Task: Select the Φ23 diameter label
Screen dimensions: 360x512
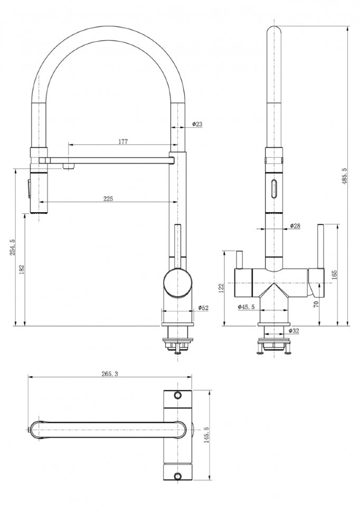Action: pyautogui.click(x=197, y=124)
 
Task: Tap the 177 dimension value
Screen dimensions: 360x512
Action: pyautogui.click(x=123, y=141)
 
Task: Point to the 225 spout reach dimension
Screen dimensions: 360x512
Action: pyautogui.click(x=108, y=198)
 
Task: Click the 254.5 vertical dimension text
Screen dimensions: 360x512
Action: pyautogui.click(x=13, y=247)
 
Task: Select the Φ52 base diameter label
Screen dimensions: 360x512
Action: pyautogui.click(x=203, y=307)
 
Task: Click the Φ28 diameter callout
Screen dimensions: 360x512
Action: pyautogui.click(x=295, y=225)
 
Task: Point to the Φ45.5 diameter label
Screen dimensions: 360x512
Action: pyautogui.click(x=246, y=307)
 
